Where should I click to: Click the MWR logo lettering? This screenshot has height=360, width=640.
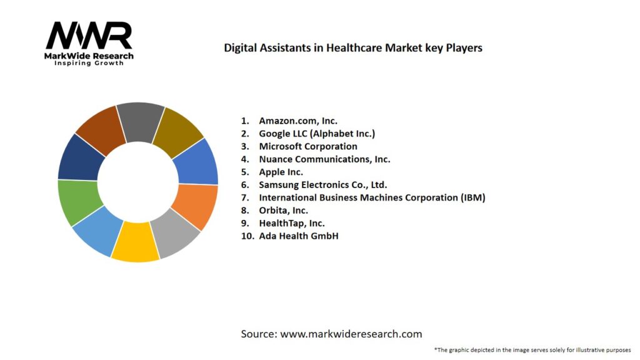pos(89,36)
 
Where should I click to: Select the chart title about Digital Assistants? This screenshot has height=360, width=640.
pos(353,47)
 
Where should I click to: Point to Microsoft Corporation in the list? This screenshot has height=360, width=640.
pos(308,146)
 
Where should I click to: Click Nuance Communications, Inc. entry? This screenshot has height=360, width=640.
pos(324,159)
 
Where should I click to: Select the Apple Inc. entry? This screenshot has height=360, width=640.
pos(281,172)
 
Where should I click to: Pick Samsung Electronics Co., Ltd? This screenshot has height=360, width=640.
pos(323,184)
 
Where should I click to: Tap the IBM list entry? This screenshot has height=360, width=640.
pos(372,197)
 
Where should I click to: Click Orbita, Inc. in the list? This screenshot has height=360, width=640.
pos(283,210)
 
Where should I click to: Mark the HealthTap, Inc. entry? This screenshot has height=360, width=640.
pos(292,223)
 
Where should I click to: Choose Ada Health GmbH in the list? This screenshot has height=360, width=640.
pos(298,236)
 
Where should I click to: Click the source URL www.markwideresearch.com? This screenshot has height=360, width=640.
pos(351,334)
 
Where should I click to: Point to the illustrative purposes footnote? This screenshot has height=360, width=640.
pos(532,350)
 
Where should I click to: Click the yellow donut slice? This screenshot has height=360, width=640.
pos(135,242)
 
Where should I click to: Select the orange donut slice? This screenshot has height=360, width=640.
pos(194,206)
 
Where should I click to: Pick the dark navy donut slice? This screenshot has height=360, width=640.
pos(81,157)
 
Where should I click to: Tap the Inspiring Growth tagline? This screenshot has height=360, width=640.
pos(89,63)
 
